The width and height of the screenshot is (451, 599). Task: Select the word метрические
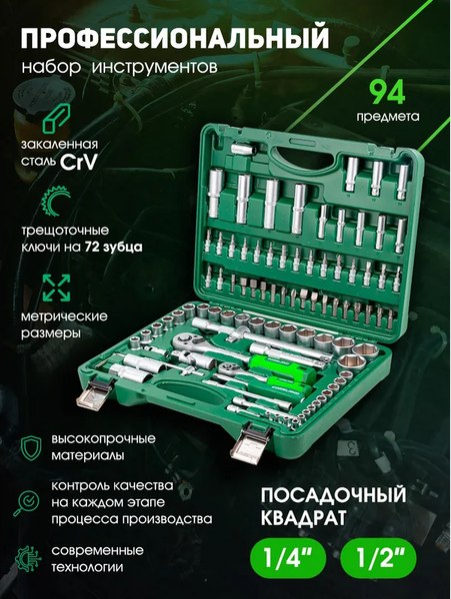(x=62, y=314)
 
